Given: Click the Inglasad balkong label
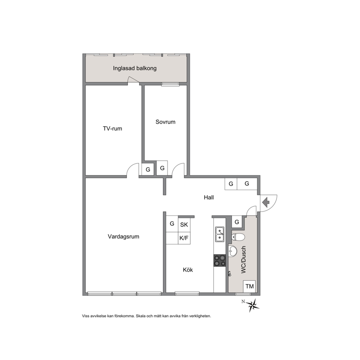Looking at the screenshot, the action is coord(135,68).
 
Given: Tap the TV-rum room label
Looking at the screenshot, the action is coord(112,128).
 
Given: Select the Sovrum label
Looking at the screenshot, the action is coord(165,122).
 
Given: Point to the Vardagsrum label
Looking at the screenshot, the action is coord(123,237).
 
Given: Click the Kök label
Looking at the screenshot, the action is coord(188,270).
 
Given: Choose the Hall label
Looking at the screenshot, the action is coord(209,197).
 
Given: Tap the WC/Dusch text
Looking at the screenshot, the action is coord(244,260).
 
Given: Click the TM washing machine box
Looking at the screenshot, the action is coord(249,286).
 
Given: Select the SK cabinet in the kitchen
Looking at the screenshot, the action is coord(184,225).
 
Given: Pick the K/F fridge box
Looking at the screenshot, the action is coord(184,238).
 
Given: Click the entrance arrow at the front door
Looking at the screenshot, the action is coord(266,202).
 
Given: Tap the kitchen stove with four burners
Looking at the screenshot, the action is coord(220,261).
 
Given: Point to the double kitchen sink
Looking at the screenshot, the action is coord(220,234).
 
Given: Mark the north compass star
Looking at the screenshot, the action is coord(253,305).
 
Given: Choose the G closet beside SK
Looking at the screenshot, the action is coord(172,224).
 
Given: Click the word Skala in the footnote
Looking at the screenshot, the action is coord(141,316).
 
